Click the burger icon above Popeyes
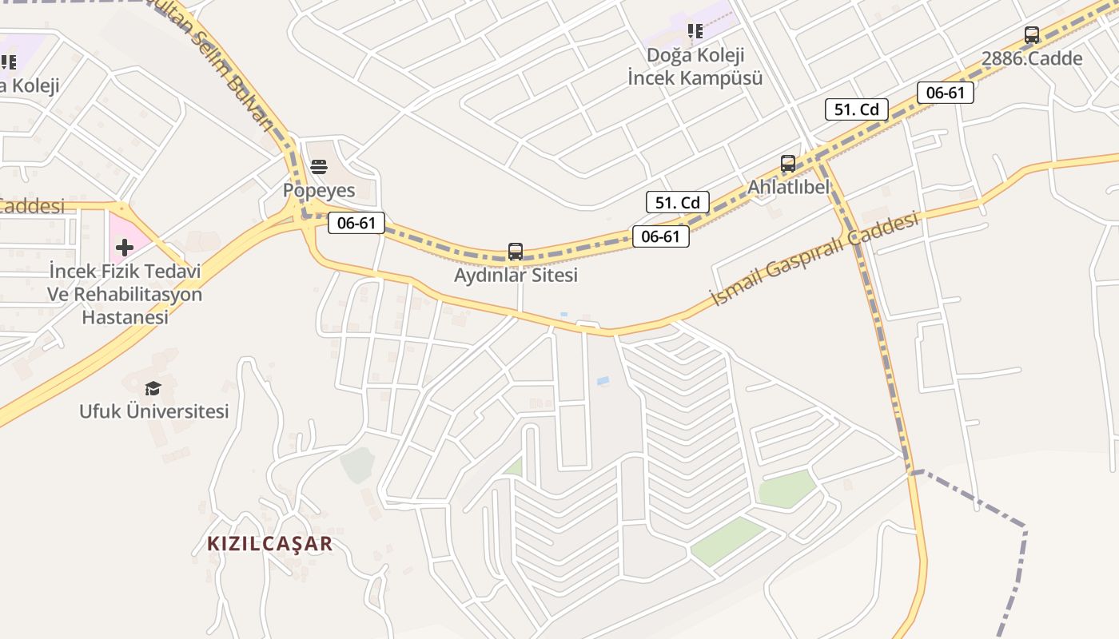click(318, 167)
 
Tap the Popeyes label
click(318, 190)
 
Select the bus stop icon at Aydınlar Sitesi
click(516, 252)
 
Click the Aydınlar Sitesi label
click(516, 275)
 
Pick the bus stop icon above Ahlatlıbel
click(788, 164)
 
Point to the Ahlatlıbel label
click(788, 187)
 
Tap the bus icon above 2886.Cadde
click(1032, 35)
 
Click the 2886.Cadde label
click(1032, 58)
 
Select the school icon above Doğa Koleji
click(695, 31)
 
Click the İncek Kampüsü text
click(695, 78)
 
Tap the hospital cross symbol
click(124, 248)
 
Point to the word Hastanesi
click(125, 317)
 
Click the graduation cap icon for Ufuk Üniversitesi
click(153, 388)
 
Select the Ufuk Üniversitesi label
click(153, 411)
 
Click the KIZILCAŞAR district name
click(269, 544)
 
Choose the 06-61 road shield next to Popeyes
click(356, 224)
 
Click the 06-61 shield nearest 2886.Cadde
click(946, 93)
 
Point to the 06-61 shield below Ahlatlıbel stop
click(660, 236)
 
